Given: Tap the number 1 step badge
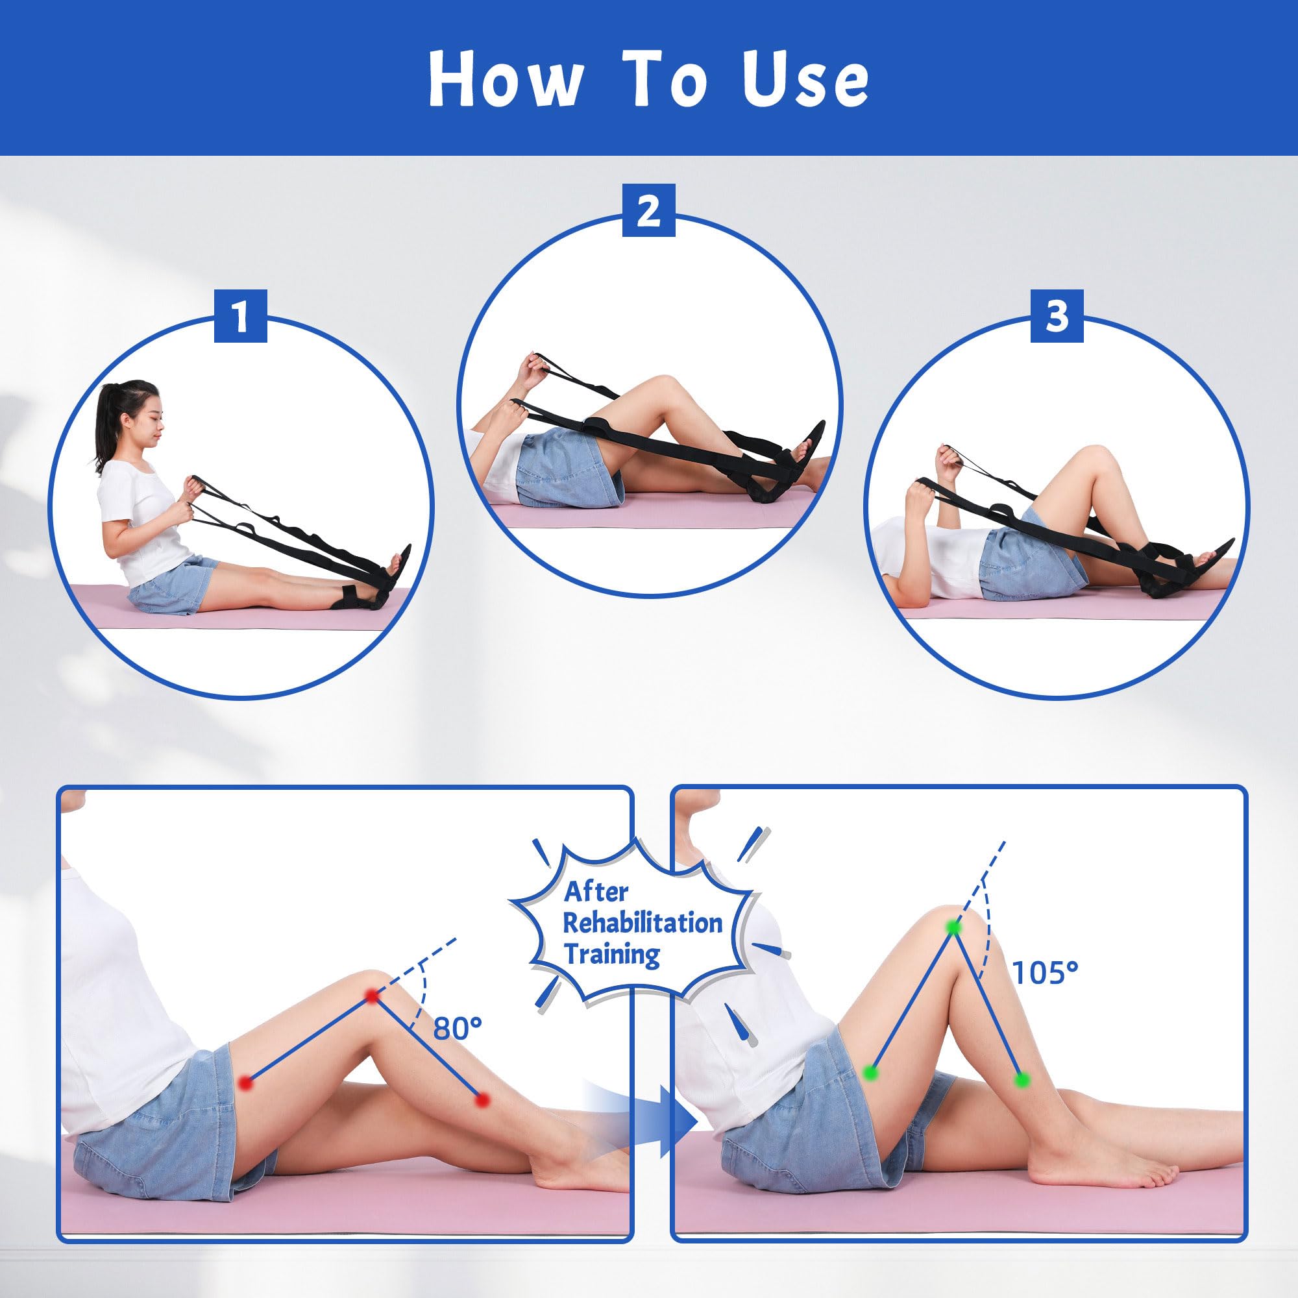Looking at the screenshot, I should click(240, 316).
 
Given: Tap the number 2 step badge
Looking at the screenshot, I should click(648, 211).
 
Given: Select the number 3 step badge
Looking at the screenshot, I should click(1057, 316).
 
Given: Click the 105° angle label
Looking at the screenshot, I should click(1045, 972).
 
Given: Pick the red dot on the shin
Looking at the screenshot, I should click(481, 1100).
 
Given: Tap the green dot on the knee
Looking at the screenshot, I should click(953, 928).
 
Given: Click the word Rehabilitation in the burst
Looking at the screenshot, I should click(643, 923).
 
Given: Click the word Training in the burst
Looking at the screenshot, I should click(612, 954).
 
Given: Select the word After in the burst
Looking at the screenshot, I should click(596, 892).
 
